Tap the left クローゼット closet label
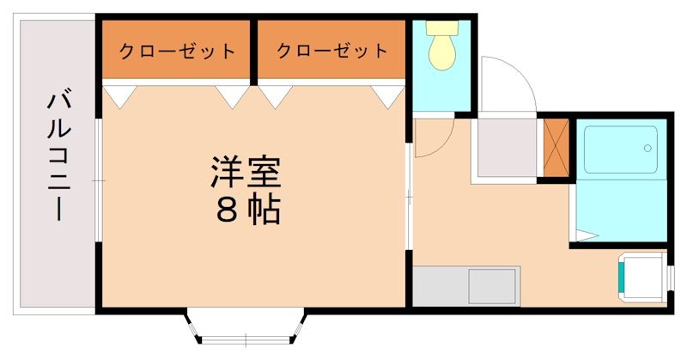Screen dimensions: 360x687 click(x=177, y=51)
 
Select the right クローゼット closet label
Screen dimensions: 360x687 click(x=331, y=51)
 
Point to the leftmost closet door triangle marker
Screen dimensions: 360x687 click(x=118, y=95)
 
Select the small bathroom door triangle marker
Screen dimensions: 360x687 click(x=587, y=234)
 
